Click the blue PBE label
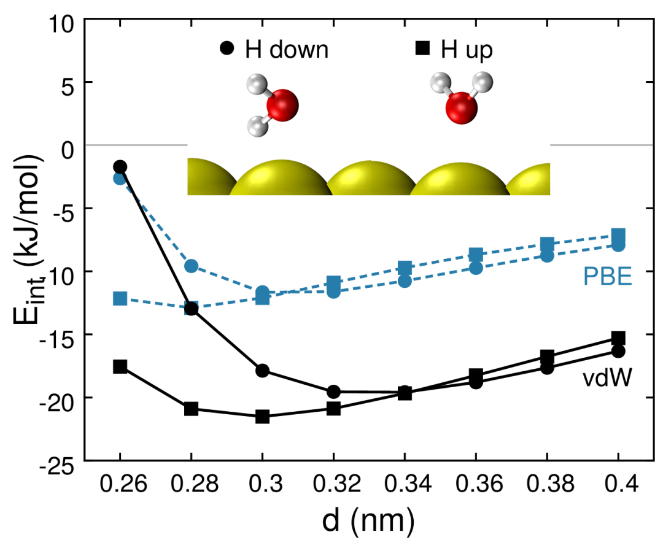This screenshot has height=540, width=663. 607,277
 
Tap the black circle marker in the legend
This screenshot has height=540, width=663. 227,49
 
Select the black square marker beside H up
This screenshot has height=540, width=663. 422,49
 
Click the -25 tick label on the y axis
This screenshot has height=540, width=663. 59,461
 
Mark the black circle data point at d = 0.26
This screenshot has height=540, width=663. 120,166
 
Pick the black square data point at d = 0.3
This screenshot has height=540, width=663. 263,417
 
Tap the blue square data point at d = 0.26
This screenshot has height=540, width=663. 120,299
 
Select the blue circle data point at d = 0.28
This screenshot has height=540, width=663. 192,266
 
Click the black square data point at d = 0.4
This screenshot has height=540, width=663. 618,338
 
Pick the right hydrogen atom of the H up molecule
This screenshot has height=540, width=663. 484,80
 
